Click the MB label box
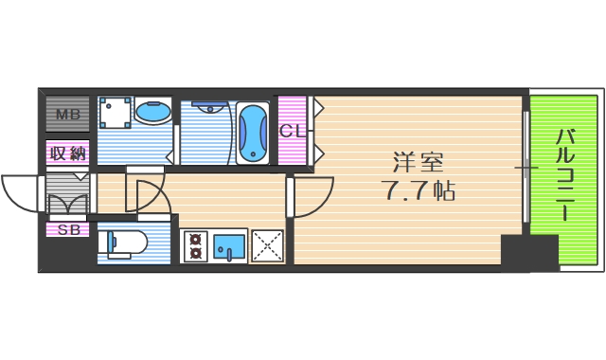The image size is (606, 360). (x=67, y=116)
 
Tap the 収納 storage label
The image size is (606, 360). (x=67, y=153)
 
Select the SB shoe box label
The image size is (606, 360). (x=67, y=229)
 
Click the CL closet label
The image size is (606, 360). (x=292, y=131)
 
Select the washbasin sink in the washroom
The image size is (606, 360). (x=151, y=113)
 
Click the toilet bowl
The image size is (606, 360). (x=125, y=243)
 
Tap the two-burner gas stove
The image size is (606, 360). (x=195, y=245)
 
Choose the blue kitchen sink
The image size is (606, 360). (x=228, y=245)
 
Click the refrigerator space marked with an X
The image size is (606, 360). (x=267, y=245)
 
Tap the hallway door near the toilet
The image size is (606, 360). (x=147, y=194)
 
